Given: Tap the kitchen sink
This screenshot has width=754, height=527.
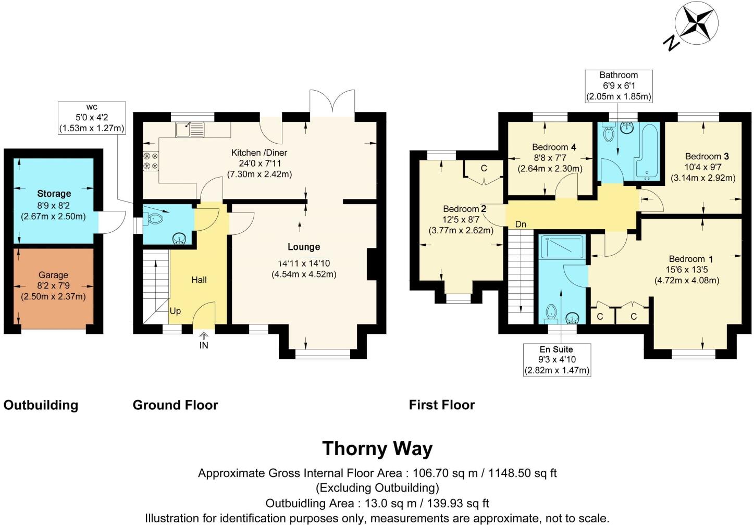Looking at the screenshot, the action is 190,130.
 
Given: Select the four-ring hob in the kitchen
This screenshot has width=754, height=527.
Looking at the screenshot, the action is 151,161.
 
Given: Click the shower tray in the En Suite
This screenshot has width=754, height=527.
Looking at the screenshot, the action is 561,247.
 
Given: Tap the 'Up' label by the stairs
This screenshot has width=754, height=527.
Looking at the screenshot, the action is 175,311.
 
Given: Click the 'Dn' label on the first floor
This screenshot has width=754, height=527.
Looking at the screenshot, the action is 521,224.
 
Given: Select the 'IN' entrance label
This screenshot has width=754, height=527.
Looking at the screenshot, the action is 204,345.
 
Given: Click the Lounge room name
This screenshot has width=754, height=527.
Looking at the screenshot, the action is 304,247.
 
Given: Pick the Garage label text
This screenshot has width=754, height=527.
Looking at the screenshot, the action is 53,275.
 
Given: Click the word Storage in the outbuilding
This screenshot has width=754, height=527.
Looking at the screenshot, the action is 54,193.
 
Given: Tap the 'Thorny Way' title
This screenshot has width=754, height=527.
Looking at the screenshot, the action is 377,449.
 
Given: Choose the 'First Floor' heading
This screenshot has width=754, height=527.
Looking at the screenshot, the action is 442,405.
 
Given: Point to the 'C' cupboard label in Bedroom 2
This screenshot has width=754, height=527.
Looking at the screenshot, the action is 484,168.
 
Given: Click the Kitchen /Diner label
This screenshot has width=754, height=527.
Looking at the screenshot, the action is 259,153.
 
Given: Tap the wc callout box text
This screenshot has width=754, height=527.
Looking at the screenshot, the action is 92,118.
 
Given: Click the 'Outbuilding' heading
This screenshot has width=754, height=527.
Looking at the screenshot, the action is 41,405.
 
